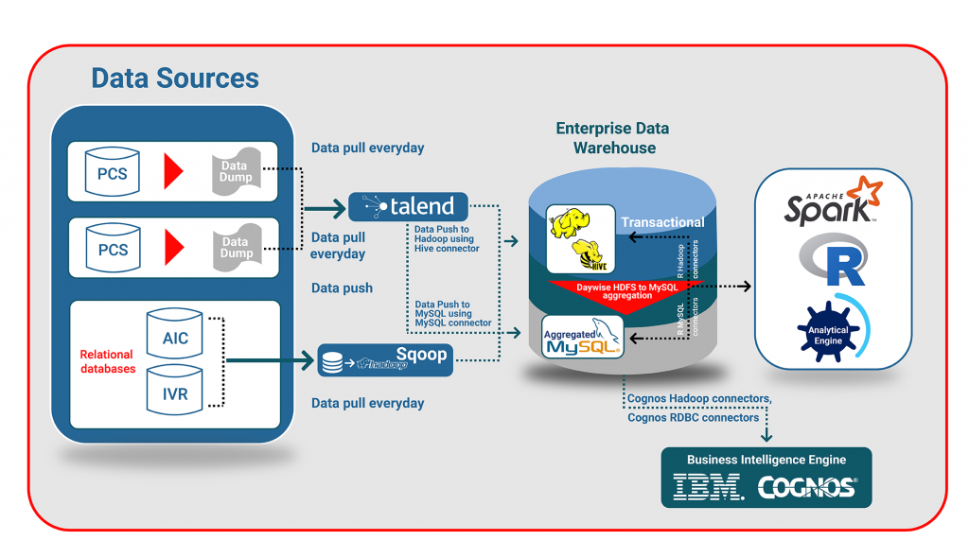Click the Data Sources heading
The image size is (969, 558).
coord(175,78)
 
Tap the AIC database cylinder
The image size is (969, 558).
coord(175,336)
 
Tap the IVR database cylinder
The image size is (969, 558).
coord(175,392)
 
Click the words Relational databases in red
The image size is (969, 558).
coord(108,362)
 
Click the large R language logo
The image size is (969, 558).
coord(833,260)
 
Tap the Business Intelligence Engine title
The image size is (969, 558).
coord(766,460)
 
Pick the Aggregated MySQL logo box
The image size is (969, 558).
coord(581,337)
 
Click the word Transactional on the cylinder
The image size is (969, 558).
coord(662,222)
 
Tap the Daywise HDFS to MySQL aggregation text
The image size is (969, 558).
coord(626,290)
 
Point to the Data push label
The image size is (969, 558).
coord(342,288)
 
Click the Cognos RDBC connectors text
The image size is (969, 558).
coord(693,417)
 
